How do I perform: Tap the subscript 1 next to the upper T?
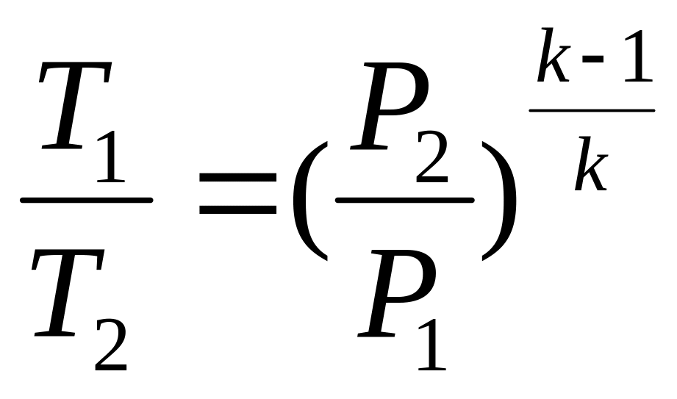(x=111, y=156)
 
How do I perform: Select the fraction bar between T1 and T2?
(x=86, y=200)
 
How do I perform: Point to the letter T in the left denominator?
(x=68, y=293)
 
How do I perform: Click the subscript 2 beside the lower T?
(x=111, y=344)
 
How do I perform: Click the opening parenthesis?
(x=310, y=201)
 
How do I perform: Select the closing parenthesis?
(x=498, y=201)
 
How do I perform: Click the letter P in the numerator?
(x=390, y=106)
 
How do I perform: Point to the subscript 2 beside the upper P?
(x=431, y=156)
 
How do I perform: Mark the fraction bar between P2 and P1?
(x=404, y=200)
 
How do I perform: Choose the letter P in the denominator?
(x=396, y=293)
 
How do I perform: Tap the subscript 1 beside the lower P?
(x=431, y=344)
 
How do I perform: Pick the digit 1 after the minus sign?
(x=638, y=56)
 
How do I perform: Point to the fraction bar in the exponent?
(x=592, y=110)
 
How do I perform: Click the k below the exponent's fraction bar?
(x=591, y=163)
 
